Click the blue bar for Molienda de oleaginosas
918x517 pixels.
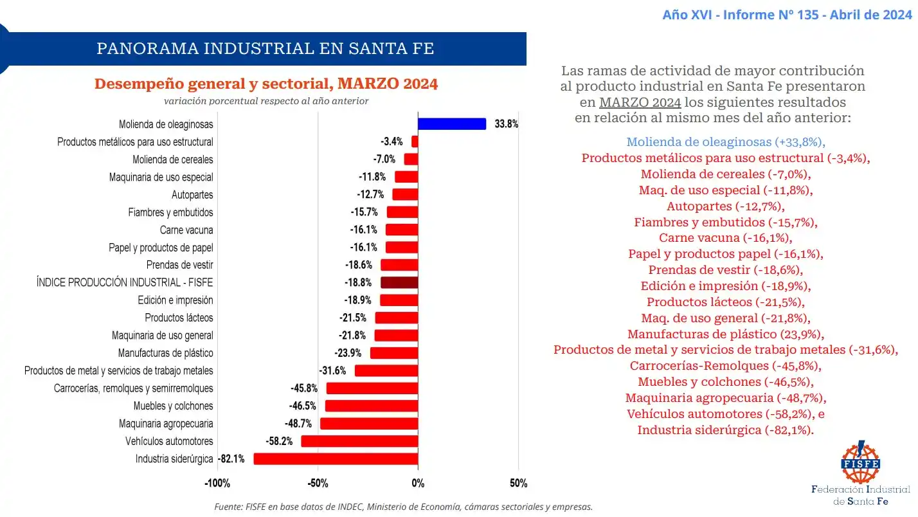pos(451,124)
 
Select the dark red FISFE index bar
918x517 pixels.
pos(399,282)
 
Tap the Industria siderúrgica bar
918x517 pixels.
pos(336,458)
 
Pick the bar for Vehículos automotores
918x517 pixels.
pos(359,441)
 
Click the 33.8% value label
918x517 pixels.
pos(506,124)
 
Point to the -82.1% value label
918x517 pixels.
pos(231,458)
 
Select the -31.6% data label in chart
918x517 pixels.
pos(332,370)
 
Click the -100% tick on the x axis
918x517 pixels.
pos(217,484)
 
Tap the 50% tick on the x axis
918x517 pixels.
pos(518,484)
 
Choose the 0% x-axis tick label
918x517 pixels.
pos(418,484)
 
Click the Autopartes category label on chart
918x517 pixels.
pos(192,195)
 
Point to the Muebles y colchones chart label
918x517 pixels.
pos(173,406)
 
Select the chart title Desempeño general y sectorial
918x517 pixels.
pos(266,84)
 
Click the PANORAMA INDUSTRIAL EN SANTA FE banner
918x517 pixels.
pos(265,49)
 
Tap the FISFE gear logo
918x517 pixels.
pos(860,462)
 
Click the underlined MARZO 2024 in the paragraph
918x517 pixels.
pos(640,102)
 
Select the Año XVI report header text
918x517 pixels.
pos(787,15)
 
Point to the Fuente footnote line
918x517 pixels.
pos(403,507)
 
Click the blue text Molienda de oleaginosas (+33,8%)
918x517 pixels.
pos(726,141)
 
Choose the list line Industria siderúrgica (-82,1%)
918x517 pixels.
pos(726,430)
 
